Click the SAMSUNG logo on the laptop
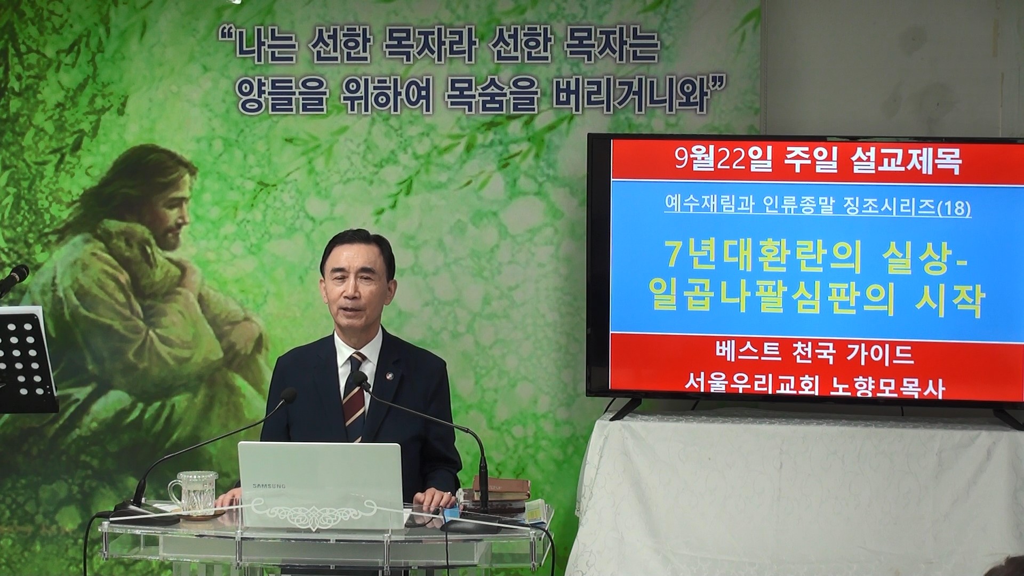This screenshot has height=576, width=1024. pos(269,486)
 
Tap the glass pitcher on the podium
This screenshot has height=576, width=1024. pos(193,492)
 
